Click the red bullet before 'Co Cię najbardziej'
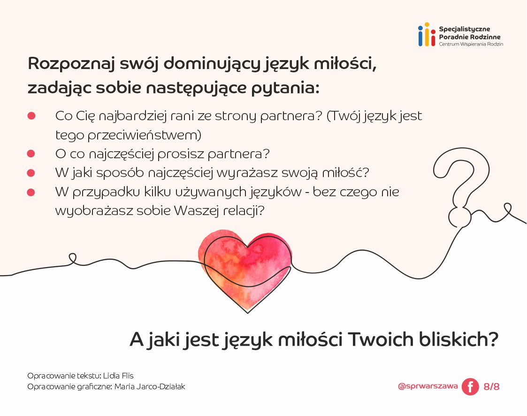pos(31,116)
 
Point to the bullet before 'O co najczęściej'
pos(31,154)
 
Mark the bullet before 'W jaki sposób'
pos(31,173)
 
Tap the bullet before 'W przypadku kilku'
pos(31,192)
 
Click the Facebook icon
pos(470,387)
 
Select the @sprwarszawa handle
pos(428,386)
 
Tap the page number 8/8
pos(491,387)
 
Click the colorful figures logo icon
pos(427,35)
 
